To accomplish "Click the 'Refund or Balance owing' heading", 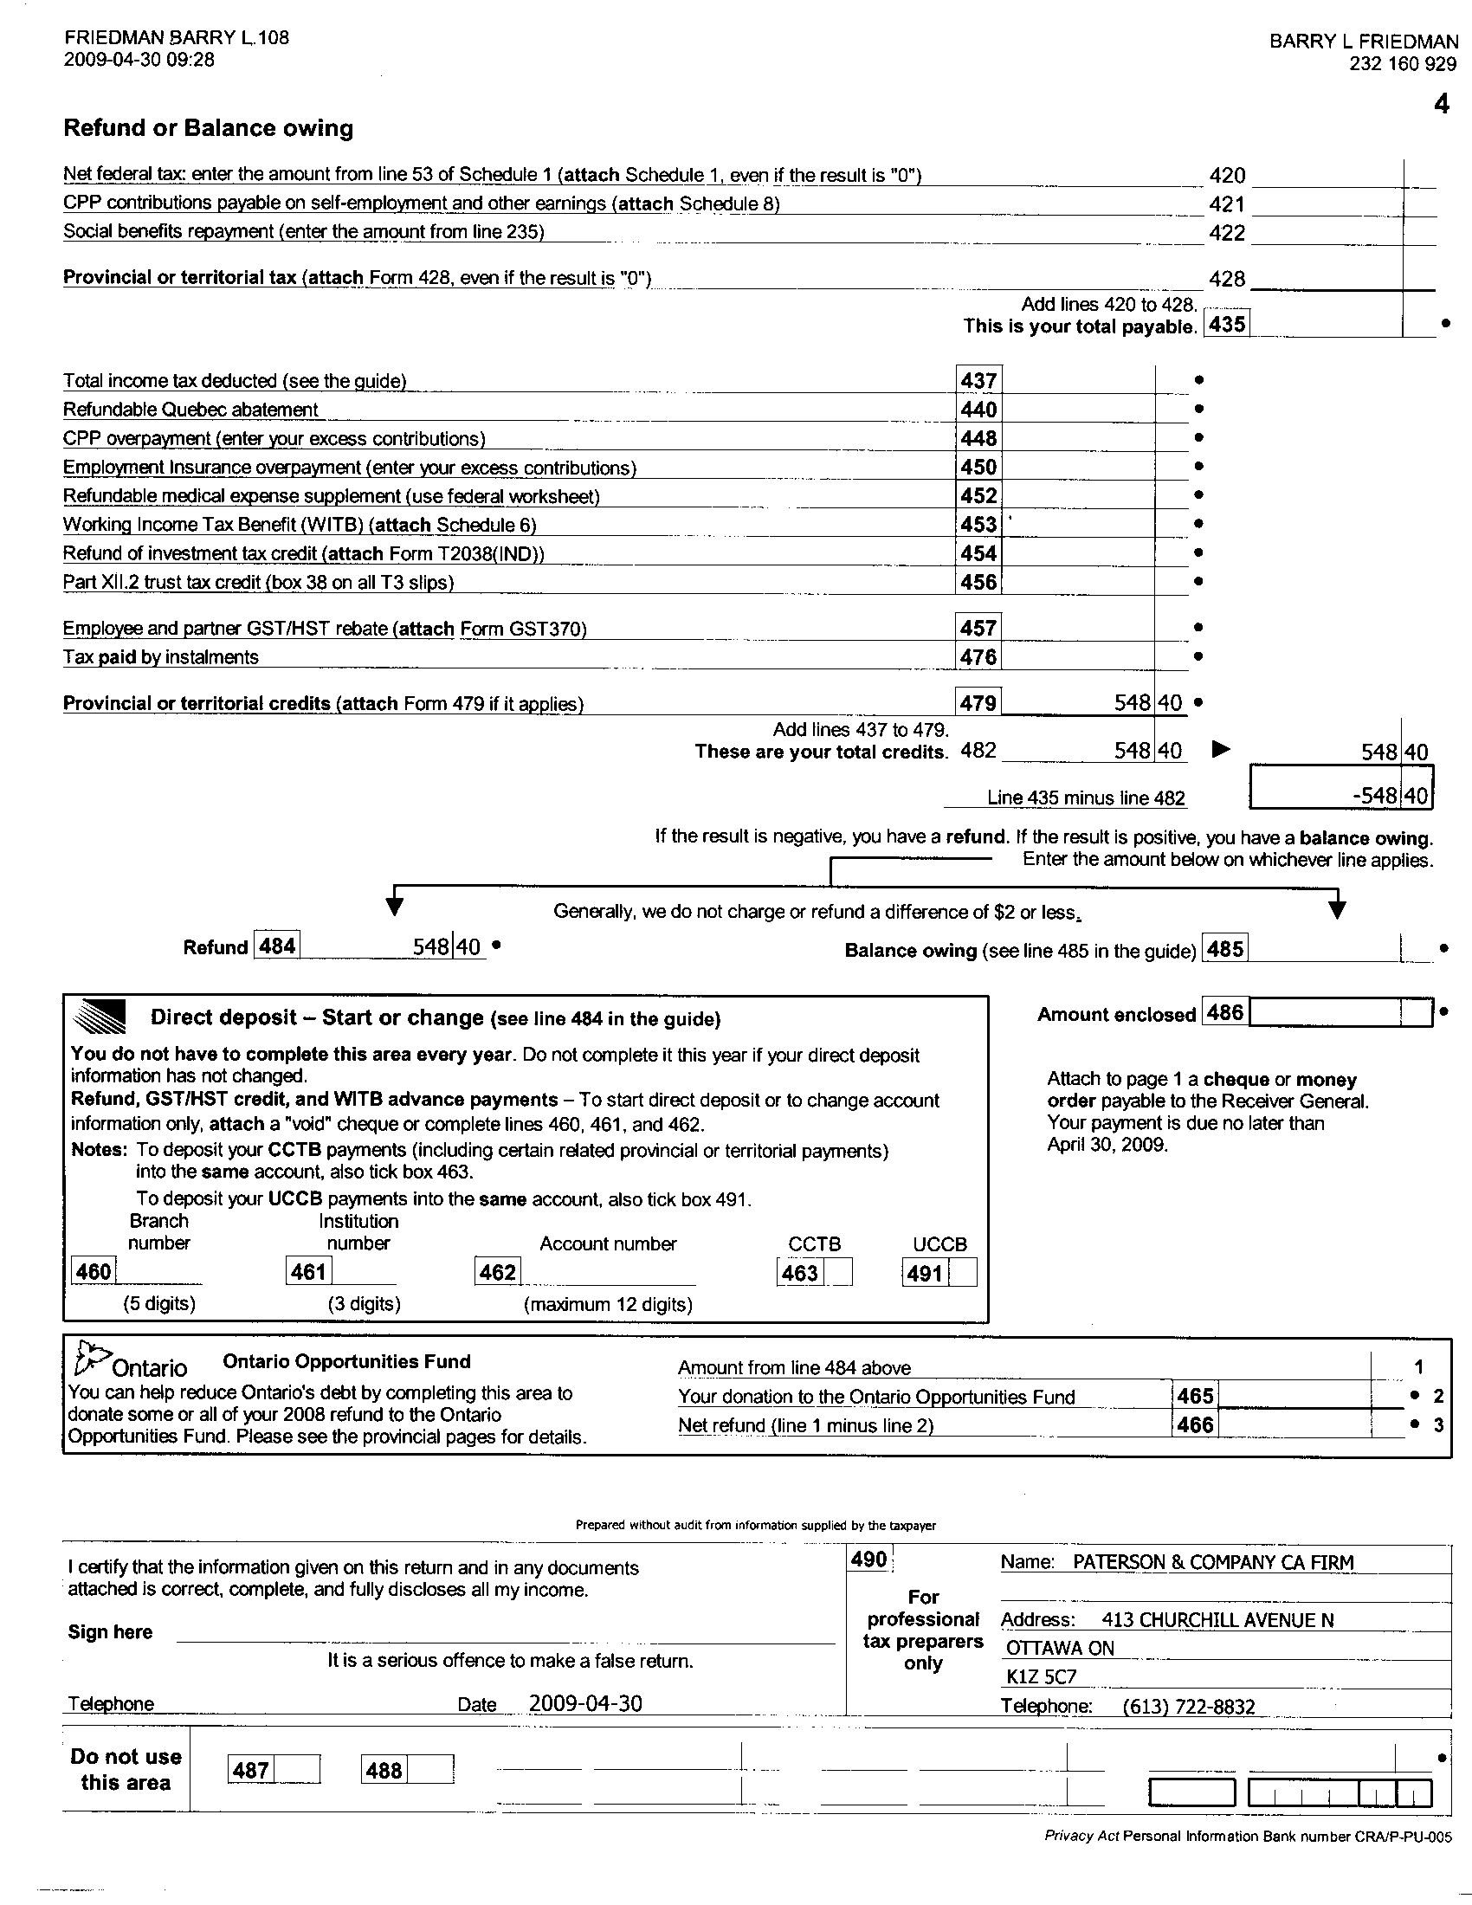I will click(x=209, y=128).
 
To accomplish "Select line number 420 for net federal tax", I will click(x=1227, y=175).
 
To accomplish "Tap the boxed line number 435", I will click(x=1226, y=325).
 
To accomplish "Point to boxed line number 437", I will click(x=978, y=380).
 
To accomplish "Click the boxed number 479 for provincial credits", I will click(x=978, y=702).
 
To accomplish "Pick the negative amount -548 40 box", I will click(x=1341, y=795).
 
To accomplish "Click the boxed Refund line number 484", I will click(x=277, y=946).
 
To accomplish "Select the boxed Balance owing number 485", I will click(x=1225, y=948).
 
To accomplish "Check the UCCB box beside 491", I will click(x=963, y=1273).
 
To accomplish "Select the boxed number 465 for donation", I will click(x=1195, y=1396).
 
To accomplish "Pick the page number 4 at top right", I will click(x=1442, y=104).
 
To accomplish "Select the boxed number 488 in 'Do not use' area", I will click(x=384, y=1770).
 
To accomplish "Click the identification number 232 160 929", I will click(x=1403, y=64).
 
